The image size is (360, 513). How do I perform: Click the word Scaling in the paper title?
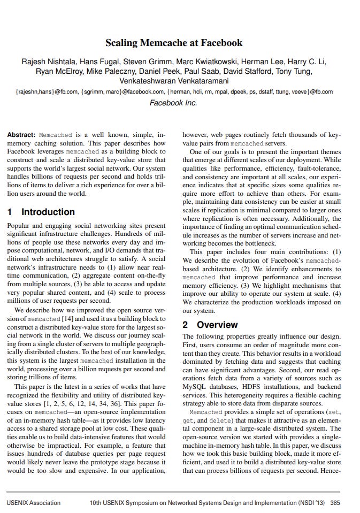[122, 43]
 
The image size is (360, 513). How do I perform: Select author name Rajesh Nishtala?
[50, 62]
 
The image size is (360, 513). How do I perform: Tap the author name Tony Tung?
[297, 71]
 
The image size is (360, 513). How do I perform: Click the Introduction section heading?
[48, 212]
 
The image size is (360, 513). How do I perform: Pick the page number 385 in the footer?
[335, 502]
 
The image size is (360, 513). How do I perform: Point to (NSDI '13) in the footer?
[312, 502]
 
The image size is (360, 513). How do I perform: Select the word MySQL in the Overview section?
[195, 385]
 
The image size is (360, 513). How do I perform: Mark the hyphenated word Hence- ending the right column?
[330, 471]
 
